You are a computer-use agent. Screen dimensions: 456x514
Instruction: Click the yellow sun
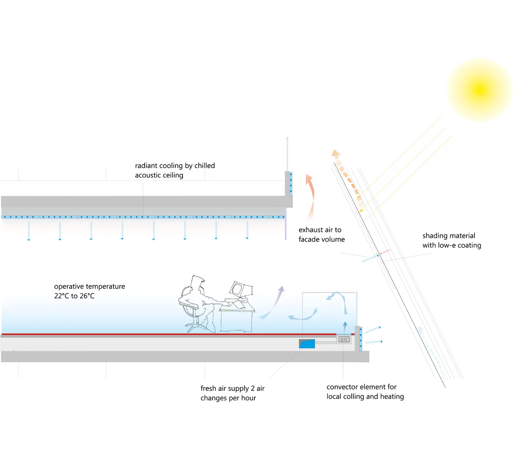[x=480, y=89]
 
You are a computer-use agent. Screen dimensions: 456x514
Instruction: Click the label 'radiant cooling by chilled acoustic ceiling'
[x=175, y=170]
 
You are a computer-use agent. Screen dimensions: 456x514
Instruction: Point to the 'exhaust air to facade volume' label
[x=321, y=235]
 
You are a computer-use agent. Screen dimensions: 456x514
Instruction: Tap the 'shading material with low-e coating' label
[x=452, y=240]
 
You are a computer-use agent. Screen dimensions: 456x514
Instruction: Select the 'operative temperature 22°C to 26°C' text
[x=89, y=291]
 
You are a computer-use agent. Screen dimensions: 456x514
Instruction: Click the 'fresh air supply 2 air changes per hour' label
[x=232, y=393]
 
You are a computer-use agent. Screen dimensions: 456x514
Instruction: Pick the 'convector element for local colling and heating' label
[x=365, y=392]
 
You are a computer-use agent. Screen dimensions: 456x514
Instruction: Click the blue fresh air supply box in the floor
[x=307, y=344]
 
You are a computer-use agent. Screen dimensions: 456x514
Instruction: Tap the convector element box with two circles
[x=344, y=339]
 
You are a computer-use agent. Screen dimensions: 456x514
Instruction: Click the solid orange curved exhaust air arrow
[x=311, y=194]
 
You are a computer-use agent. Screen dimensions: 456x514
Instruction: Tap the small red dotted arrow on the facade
[x=385, y=252]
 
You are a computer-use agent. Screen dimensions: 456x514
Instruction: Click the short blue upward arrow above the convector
[x=345, y=328]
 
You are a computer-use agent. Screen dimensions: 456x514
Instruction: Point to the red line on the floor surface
[x=158, y=335]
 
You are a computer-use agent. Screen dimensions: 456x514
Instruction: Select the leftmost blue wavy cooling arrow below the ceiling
[x=29, y=231]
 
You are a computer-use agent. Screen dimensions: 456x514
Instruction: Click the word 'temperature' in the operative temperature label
[x=105, y=286]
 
